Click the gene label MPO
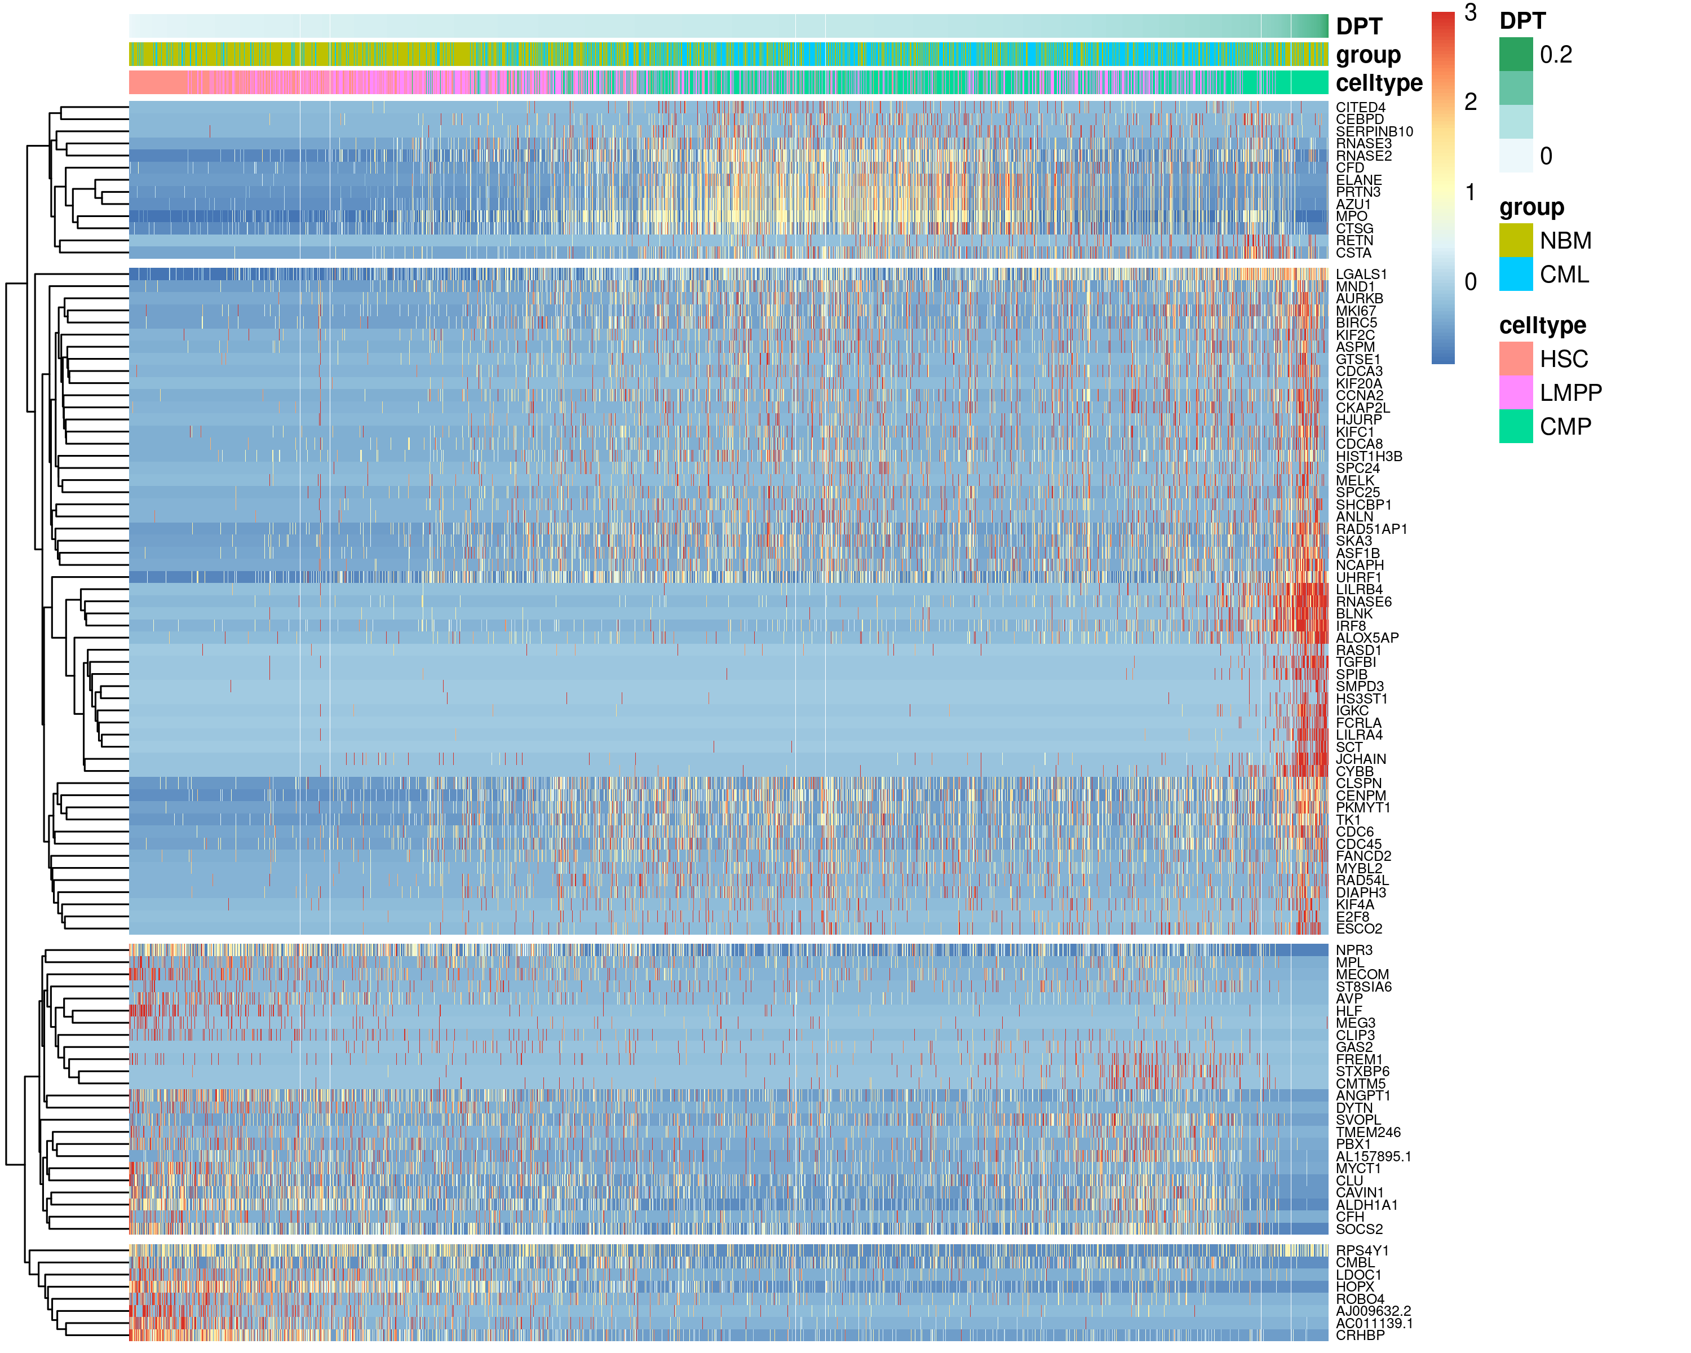click(1351, 216)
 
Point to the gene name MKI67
click(1356, 311)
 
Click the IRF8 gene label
click(1351, 626)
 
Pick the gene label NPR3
click(1354, 950)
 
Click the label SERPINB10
click(1374, 132)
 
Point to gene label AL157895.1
click(1373, 1157)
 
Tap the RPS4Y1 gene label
click(1362, 1251)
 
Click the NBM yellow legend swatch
click(1515, 240)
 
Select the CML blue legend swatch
click(1515, 275)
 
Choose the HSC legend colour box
click(1515, 359)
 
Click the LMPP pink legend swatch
click(1515, 392)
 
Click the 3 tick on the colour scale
click(1470, 12)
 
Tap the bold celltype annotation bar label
click(1378, 83)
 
